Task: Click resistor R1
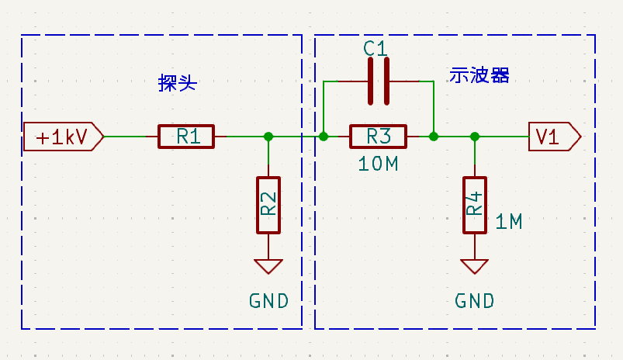(x=186, y=137)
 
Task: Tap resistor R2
(x=268, y=205)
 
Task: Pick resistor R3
(x=378, y=137)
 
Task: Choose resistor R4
(x=474, y=205)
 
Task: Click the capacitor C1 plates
(x=378, y=81)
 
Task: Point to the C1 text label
(x=375, y=48)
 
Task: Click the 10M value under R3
(x=379, y=164)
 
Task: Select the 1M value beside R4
(x=508, y=222)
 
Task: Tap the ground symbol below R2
(x=268, y=266)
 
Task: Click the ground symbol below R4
(x=474, y=266)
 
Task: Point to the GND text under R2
(x=268, y=301)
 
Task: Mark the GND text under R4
(x=474, y=301)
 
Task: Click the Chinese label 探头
(x=177, y=83)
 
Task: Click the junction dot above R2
(x=268, y=137)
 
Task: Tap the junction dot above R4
(x=474, y=137)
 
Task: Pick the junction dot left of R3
(x=324, y=137)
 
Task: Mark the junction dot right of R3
(x=434, y=137)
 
